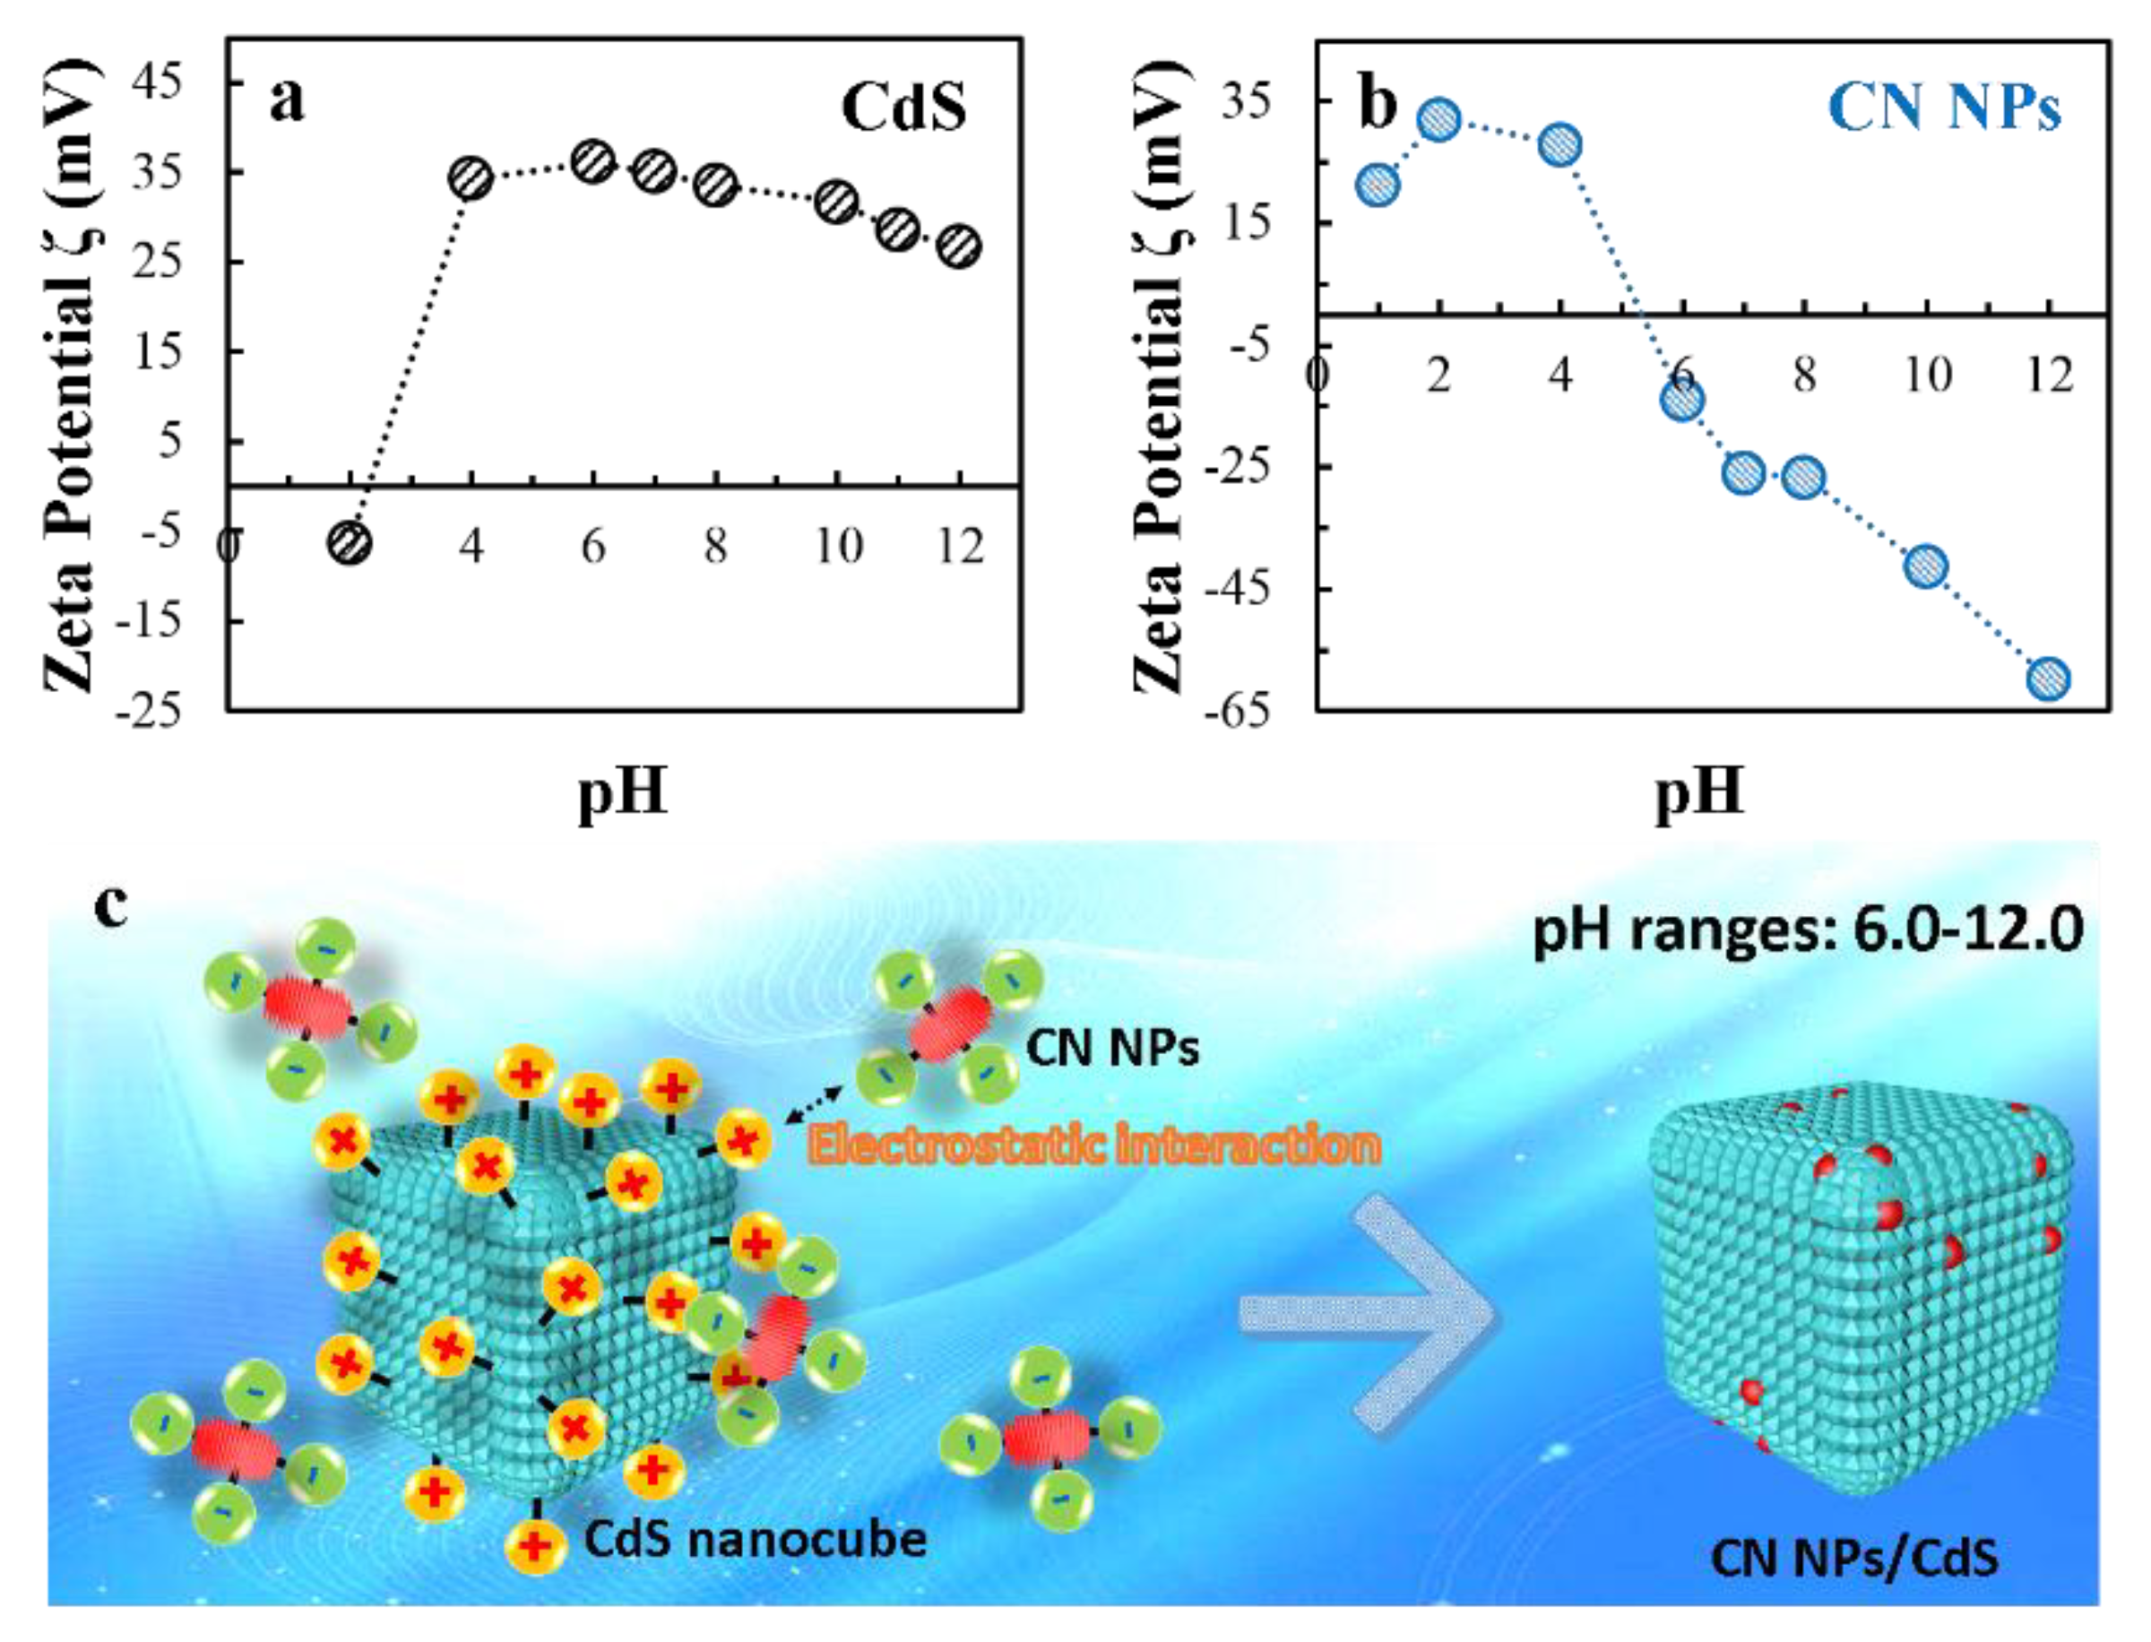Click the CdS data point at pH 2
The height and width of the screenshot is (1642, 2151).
click(x=350, y=542)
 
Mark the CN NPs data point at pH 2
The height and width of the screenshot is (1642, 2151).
click(x=1438, y=120)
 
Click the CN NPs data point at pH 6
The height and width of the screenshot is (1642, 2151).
click(x=1682, y=400)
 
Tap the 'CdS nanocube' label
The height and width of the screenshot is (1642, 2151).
click(x=756, y=1538)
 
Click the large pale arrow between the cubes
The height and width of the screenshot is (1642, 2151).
click(x=1369, y=1315)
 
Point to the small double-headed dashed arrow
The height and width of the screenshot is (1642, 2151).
click(x=814, y=1103)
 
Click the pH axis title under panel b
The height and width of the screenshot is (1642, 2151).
click(x=1698, y=790)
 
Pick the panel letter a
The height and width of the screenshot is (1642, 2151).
click(x=286, y=99)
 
